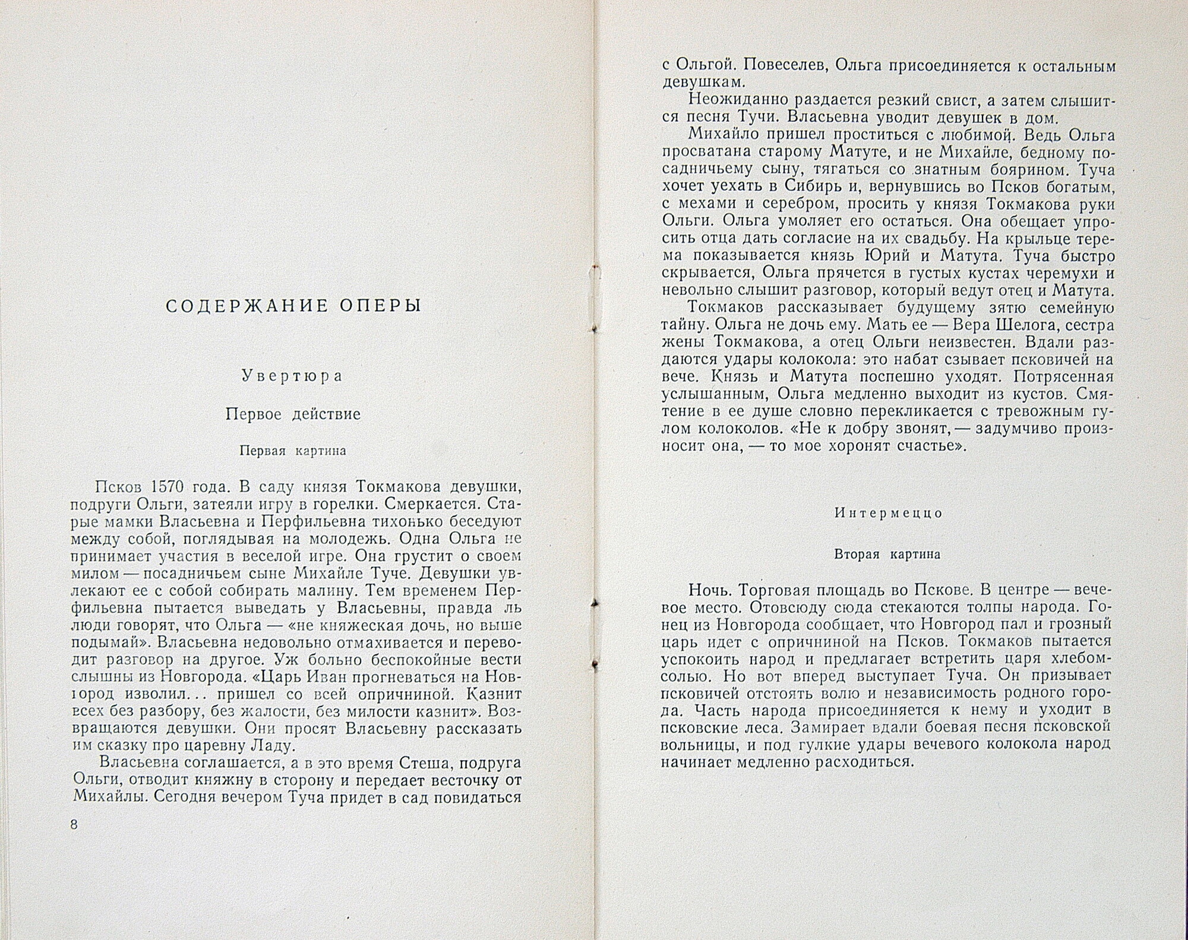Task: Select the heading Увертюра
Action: [x=293, y=376]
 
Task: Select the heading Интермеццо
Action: [x=888, y=513]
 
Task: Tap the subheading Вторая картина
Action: [x=887, y=554]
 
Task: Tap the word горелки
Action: [x=345, y=504]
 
